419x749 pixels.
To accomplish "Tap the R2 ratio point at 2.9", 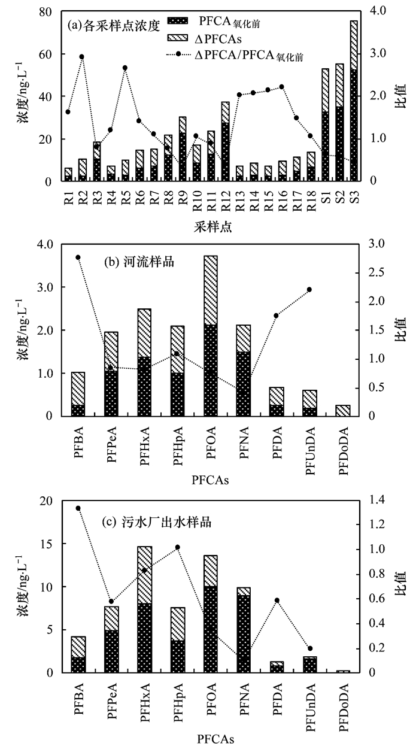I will click(x=81, y=57).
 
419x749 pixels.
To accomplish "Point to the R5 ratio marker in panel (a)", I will click(x=125, y=68).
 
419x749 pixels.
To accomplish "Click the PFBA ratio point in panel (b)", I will click(x=78, y=257).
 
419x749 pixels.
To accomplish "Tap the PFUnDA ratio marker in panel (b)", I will click(x=309, y=290).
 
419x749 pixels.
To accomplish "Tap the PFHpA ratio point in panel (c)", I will click(x=178, y=547).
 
